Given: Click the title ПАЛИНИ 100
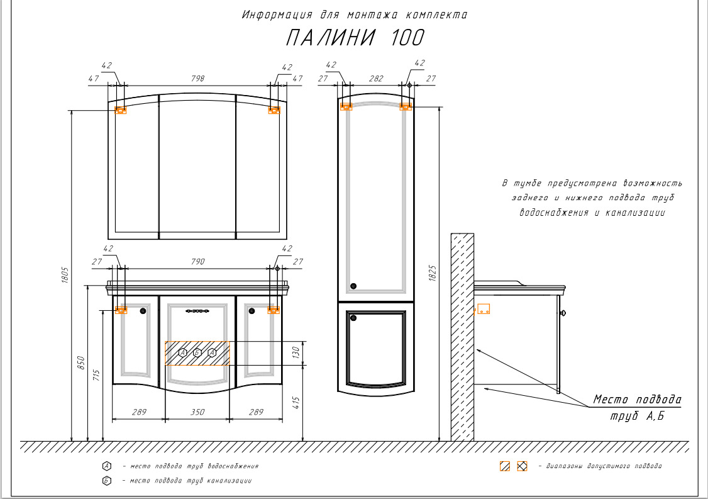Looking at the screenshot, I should coord(355,38).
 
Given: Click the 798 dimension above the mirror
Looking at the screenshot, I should coord(197,79).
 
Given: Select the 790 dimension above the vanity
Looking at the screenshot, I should coord(197,262).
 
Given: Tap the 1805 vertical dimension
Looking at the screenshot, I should coord(65,275).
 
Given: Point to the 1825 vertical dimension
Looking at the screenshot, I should coord(432,272).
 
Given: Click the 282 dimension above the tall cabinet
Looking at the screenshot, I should coord(375,79).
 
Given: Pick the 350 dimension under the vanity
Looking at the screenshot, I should coord(197,412).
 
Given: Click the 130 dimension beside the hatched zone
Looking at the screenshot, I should coord(296,353).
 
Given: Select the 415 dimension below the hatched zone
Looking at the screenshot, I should coord(296,403).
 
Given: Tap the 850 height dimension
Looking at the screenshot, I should coord(80,364).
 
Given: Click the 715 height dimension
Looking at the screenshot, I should coord(96,375).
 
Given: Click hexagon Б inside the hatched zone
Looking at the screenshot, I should coord(197,353).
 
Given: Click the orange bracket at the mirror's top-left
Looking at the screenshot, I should coord(121,110).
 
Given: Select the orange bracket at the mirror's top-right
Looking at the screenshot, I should coord(274,110).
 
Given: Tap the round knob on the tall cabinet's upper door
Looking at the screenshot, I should coord(353,286).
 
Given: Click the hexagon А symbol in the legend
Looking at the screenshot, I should coord(107,466).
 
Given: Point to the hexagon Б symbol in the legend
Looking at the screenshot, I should coord(107,481).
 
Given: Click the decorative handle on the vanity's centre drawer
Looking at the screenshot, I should coord(197,310).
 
